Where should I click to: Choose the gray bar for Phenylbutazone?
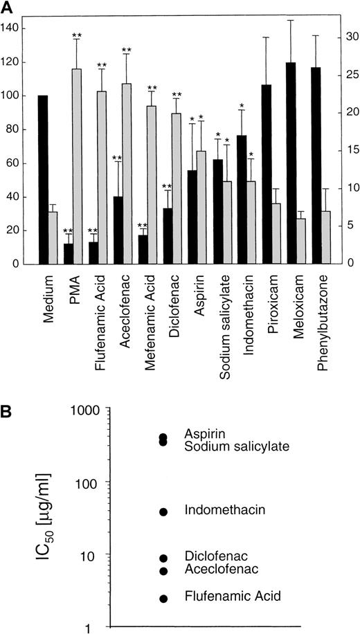point(327,237)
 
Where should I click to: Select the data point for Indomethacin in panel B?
point(164,511)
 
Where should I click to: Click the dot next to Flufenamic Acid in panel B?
point(164,598)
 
